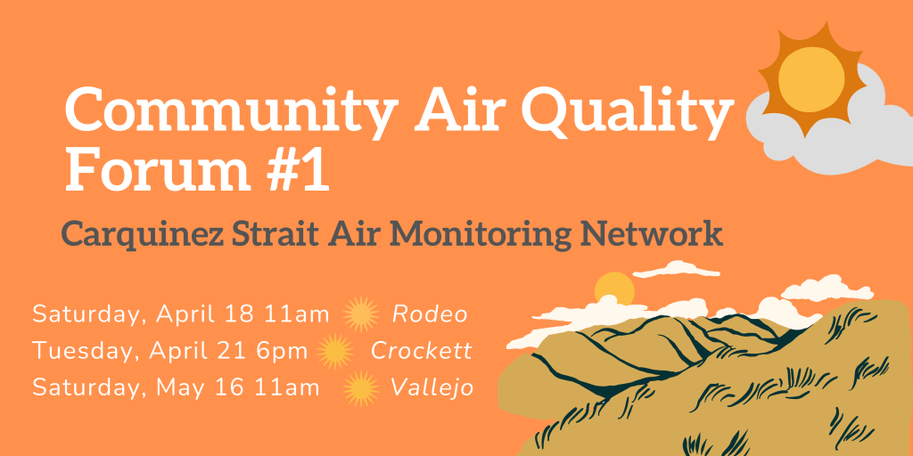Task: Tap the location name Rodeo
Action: (430, 314)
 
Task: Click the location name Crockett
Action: (421, 351)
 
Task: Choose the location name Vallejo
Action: (432, 388)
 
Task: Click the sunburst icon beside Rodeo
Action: (361, 314)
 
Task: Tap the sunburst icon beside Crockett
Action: (335, 351)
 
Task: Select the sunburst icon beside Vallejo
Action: (361, 388)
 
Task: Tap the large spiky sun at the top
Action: (810, 79)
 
